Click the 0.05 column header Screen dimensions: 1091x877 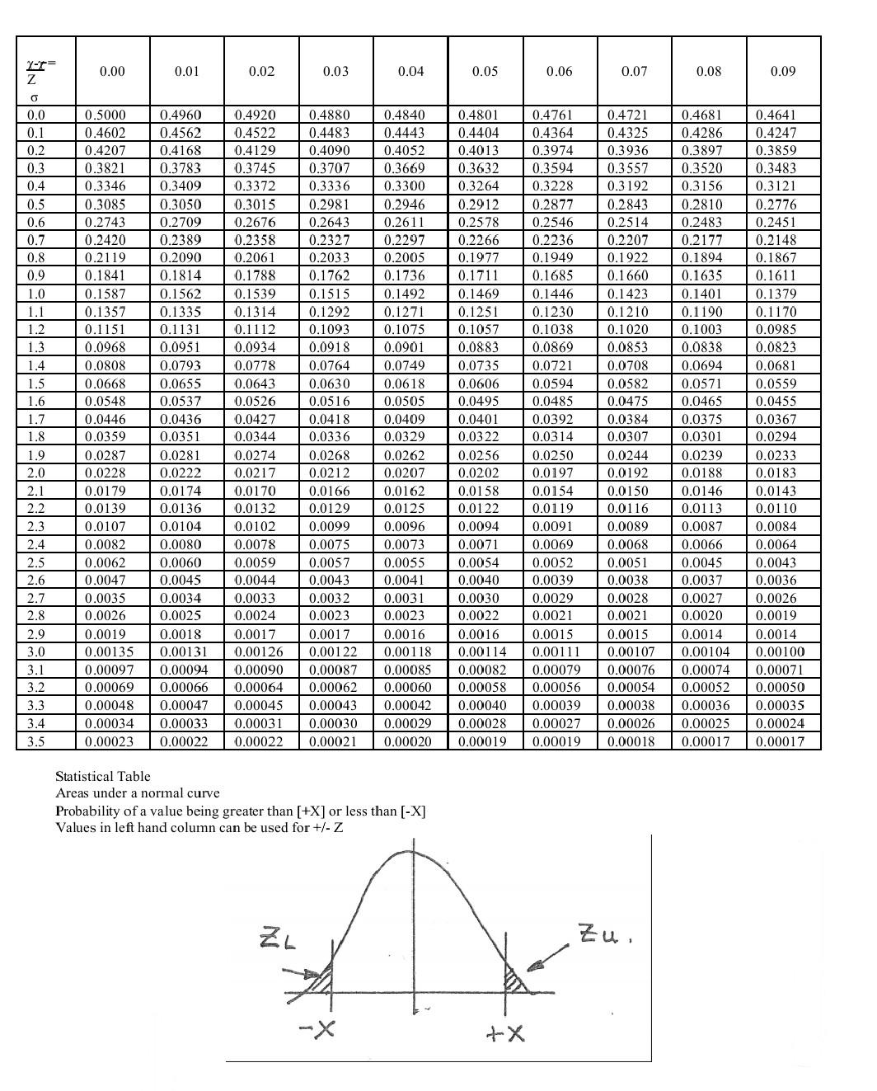(x=485, y=72)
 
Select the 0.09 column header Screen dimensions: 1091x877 (x=782, y=72)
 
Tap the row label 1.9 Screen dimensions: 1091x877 (x=36, y=455)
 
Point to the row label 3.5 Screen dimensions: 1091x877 (x=36, y=741)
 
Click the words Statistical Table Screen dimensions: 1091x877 (x=103, y=776)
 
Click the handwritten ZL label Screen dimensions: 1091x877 (x=278, y=938)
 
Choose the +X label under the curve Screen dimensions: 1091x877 (x=505, y=1032)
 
